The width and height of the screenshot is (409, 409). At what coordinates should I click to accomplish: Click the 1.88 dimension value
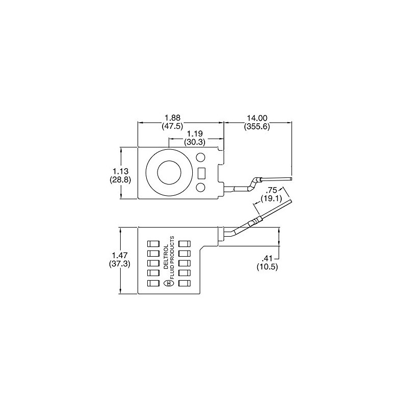[x=172, y=119]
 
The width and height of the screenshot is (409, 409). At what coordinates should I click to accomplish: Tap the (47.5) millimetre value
[x=172, y=126]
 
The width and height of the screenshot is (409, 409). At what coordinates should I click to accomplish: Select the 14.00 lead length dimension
[x=257, y=119]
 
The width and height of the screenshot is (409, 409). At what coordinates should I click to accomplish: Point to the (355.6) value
[x=257, y=126]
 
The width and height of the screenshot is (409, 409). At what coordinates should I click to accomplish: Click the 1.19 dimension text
[x=195, y=134]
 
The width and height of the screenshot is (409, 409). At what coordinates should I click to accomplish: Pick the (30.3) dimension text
[x=195, y=142]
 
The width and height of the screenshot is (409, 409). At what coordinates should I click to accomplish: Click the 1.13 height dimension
[x=120, y=171]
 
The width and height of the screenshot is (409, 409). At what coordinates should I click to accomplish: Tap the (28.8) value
[x=120, y=179]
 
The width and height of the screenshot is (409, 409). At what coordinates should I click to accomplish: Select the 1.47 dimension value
[x=120, y=255]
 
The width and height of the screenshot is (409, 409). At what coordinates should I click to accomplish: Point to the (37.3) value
[x=120, y=263]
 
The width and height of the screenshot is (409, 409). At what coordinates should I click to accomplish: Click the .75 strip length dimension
[x=271, y=190]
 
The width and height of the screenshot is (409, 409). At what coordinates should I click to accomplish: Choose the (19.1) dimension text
[x=271, y=198]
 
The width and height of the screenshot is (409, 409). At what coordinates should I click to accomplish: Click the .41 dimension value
[x=267, y=259]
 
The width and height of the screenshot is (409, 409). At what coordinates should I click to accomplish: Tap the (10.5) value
[x=267, y=266]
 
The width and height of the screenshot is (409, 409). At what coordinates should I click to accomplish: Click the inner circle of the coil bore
[x=169, y=172]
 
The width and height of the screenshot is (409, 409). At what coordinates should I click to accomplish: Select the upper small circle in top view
[x=200, y=157]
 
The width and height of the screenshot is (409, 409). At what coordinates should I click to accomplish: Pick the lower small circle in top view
[x=200, y=188]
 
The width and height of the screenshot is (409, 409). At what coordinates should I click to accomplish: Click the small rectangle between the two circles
[x=201, y=173]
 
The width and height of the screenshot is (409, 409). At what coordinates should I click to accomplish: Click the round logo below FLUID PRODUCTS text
[x=169, y=284]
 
